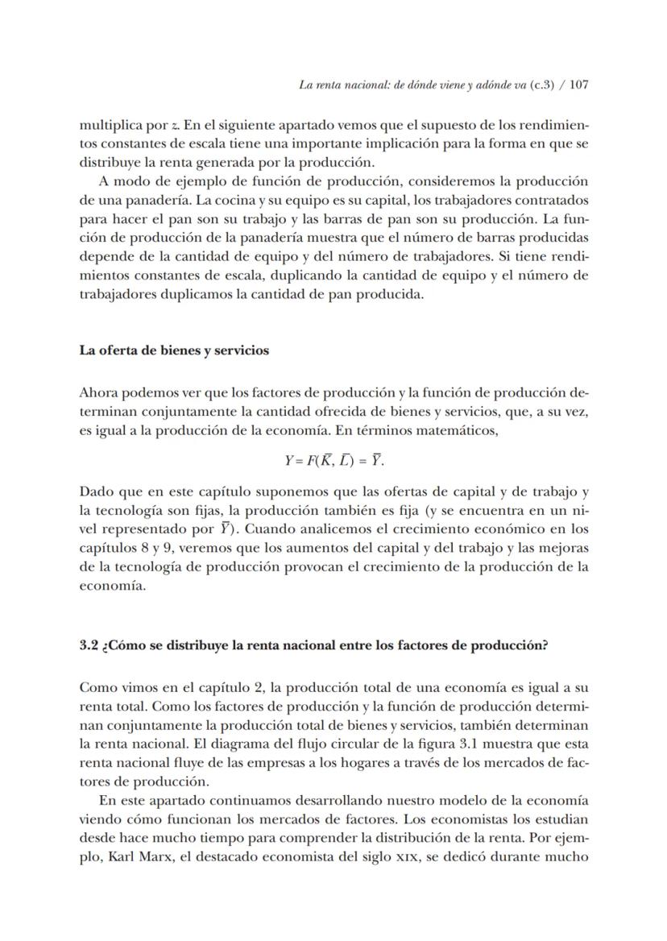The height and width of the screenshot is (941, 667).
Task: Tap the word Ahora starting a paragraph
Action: pyautogui.click(x=99, y=393)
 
